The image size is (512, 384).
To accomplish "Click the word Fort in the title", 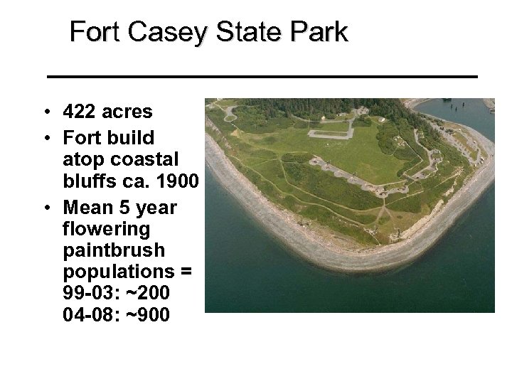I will pos(93,33).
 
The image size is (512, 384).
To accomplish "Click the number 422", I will pos(78,112).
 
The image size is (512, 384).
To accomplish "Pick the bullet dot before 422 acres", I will pos(45,112).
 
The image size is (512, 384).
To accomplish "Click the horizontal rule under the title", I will pos(262,75).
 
